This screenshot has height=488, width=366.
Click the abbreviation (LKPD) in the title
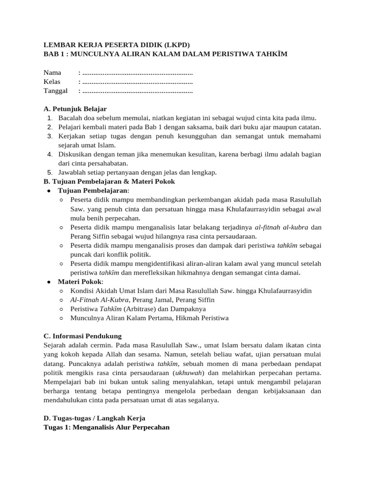click(x=176, y=45)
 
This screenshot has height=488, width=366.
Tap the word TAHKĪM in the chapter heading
click(x=269, y=54)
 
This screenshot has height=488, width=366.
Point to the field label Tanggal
click(x=56, y=91)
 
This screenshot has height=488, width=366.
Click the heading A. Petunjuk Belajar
click(x=75, y=109)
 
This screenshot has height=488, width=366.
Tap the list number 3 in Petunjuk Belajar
click(x=50, y=136)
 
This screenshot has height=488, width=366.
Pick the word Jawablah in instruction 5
click(x=72, y=173)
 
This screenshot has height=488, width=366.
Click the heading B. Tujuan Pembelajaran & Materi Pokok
click(x=109, y=182)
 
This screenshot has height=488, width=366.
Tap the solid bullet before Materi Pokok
click(x=49, y=282)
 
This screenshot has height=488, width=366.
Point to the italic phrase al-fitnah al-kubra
click(x=282, y=227)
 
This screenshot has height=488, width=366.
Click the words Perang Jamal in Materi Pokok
click(x=152, y=300)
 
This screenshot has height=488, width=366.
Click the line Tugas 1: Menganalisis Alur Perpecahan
click(x=107, y=427)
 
